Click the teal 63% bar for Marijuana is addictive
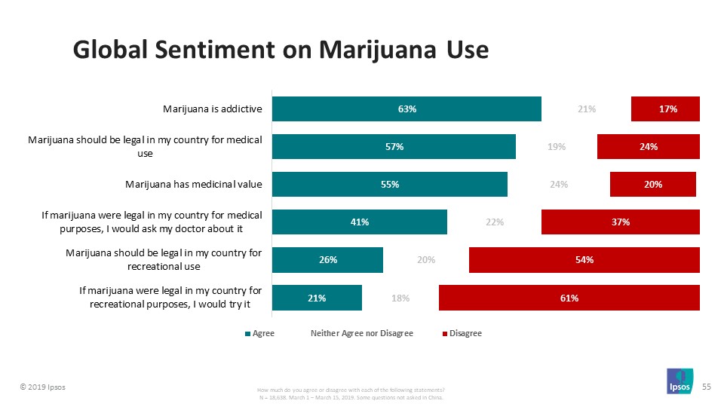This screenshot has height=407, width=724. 406,109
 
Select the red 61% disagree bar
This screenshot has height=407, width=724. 569,298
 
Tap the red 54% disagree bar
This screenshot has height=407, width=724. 584,260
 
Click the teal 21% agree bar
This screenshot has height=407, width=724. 317,298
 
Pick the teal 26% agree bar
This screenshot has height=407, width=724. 327,260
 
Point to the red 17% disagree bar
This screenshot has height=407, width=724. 666,109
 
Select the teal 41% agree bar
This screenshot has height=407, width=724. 359,222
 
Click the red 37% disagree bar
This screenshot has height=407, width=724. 621,222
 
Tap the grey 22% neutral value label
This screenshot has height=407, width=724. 495,222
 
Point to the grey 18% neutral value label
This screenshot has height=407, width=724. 400,298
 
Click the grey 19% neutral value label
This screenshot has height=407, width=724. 557,147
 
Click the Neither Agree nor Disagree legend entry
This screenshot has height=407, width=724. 361,333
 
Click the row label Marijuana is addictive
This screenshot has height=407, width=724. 212,109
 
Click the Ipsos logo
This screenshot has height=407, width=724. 680,382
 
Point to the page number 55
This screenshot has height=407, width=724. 707,386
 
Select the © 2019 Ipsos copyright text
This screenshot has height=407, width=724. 41,387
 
